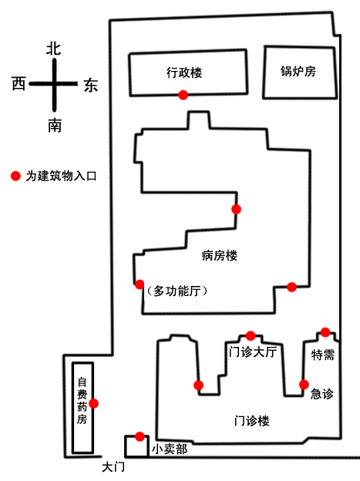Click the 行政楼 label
184,72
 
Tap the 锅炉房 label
298,71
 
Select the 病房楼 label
220,255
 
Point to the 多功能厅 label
177,291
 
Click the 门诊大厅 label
253,351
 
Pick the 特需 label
322,355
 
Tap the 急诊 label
322,394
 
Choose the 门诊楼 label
251,421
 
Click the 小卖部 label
170,449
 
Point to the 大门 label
113,467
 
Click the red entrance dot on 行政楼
183,95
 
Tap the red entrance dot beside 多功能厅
140,284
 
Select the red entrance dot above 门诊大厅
251,335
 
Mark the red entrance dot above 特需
325,332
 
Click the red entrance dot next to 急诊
304,385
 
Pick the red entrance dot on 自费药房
93,403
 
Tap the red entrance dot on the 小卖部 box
140,436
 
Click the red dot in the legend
15,176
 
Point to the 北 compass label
53,49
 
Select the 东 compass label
91,85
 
